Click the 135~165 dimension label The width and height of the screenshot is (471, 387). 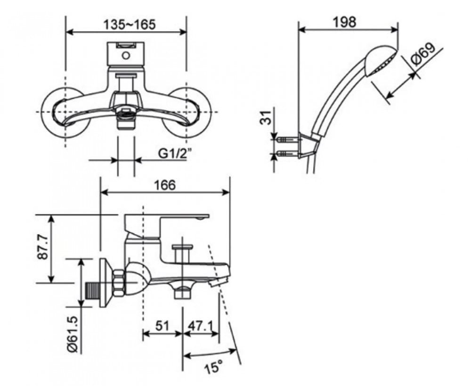[130, 25]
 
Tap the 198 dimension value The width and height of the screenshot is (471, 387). [344, 22]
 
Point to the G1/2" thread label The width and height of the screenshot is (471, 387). [175, 154]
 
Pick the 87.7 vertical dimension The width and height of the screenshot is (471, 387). [42, 247]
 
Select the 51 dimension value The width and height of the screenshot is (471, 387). [162, 326]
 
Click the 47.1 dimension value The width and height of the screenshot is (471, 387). [200, 326]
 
